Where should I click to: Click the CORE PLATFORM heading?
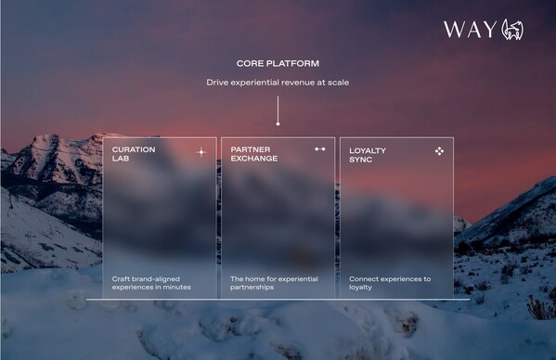(277, 64)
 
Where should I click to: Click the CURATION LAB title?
(134, 152)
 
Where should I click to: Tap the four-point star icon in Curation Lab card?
(200, 151)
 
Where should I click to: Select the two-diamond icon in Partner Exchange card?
(320, 148)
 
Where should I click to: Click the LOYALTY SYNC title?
(368, 153)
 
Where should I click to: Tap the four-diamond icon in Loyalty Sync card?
(439, 149)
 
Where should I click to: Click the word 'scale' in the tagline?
(335, 84)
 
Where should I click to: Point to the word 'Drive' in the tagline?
(216, 84)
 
